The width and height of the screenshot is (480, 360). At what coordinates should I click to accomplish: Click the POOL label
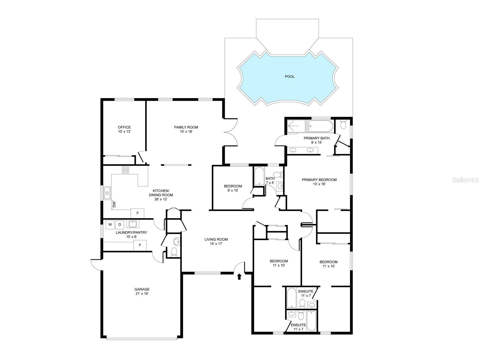pos(289,77)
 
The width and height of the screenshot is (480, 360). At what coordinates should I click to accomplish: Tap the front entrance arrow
pos(239,276)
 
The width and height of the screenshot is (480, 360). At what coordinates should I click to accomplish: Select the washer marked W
pos(110,225)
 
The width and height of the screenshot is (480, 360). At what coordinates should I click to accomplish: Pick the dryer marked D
pos(119,225)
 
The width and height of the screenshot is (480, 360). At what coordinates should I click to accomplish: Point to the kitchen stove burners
pos(125,170)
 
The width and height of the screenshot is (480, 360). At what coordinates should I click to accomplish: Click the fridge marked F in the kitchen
pos(138,213)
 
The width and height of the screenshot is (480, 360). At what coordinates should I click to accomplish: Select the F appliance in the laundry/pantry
pos(140,245)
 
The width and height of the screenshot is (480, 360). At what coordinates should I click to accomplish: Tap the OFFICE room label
pos(124,127)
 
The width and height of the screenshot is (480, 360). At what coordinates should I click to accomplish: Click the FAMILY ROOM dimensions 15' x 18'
pos(186,132)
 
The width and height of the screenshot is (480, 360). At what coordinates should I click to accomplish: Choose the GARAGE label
pos(142,289)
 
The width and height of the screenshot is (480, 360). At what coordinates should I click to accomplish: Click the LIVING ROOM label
pos(216,240)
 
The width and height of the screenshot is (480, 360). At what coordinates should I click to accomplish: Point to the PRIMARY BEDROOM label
pos(319,180)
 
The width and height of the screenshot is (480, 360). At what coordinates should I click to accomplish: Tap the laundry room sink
pos(133,224)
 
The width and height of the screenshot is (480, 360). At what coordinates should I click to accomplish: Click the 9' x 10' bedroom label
pos(233,188)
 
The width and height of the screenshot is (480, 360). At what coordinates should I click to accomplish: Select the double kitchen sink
pos(107,193)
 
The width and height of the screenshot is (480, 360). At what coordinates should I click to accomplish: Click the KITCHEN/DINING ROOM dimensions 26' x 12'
pos(161,199)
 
